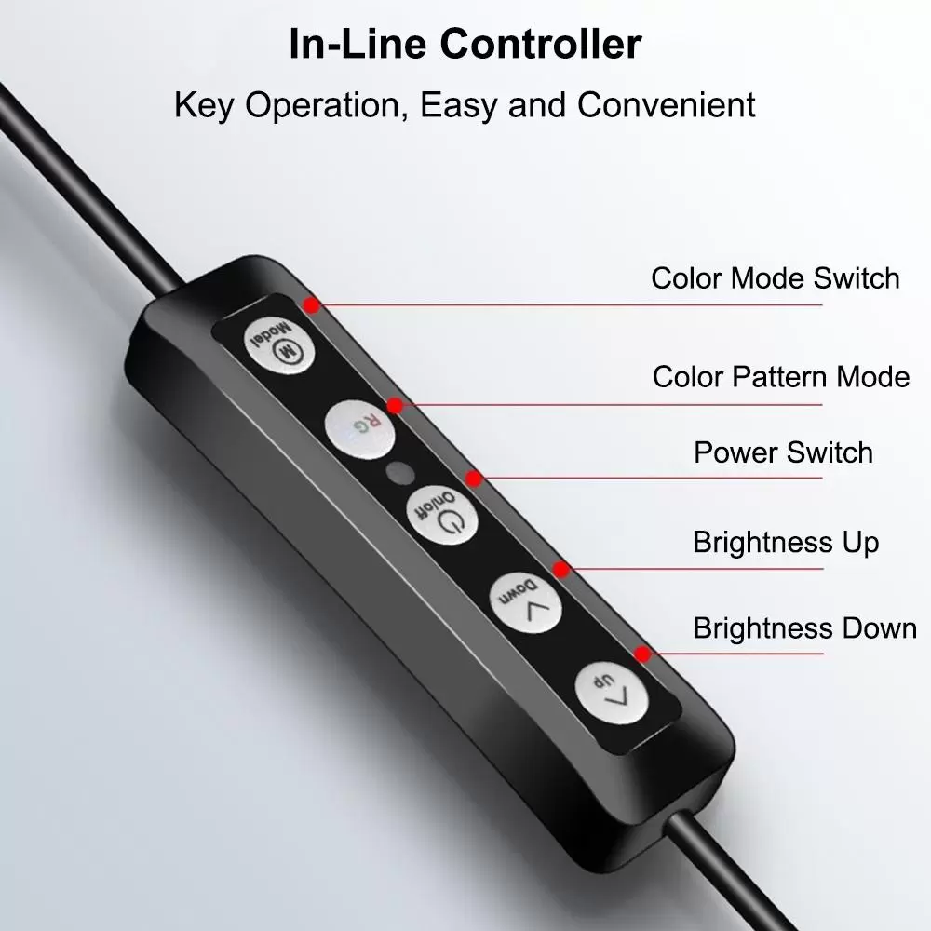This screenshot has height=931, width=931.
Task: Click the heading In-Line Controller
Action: click(465, 44)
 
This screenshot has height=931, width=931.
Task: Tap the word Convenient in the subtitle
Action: click(667, 105)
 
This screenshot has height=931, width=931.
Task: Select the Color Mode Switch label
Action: click(776, 277)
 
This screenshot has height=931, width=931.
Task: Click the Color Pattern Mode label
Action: click(781, 376)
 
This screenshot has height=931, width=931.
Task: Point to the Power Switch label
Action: click(783, 452)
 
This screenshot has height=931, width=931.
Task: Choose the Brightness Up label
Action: click(786, 543)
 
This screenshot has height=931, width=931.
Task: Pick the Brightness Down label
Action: click(804, 628)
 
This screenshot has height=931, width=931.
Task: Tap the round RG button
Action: click(360, 428)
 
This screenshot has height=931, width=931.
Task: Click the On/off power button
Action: click(441, 514)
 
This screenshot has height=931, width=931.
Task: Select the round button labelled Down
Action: click(525, 602)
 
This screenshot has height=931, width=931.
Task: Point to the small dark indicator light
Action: click(400, 473)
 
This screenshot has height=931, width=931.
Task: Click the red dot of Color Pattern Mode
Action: click(395, 406)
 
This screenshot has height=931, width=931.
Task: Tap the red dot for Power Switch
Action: click(473, 478)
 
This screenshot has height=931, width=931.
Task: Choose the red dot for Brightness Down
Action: click(641, 654)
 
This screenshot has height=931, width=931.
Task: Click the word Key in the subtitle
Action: click(204, 106)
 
